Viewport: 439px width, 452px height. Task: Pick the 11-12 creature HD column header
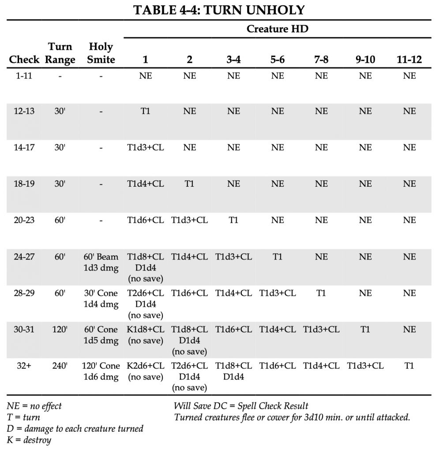[409, 60]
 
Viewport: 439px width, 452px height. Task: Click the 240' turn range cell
[60, 365]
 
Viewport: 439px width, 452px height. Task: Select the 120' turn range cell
[60, 329]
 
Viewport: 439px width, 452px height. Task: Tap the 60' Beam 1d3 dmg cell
[101, 263]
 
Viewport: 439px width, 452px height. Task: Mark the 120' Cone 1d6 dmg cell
[101, 371]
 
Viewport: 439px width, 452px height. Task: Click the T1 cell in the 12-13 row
[145, 111]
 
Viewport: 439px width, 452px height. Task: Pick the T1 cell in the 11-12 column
[409, 365]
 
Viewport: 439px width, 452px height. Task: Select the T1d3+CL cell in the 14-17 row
[145, 147]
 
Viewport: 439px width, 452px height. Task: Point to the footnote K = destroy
[29, 440]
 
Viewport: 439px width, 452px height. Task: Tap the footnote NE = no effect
[34, 406]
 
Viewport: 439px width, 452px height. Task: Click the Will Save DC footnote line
[241, 406]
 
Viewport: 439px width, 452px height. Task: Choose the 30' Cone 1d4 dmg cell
[101, 299]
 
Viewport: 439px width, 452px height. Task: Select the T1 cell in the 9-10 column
[365, 329]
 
